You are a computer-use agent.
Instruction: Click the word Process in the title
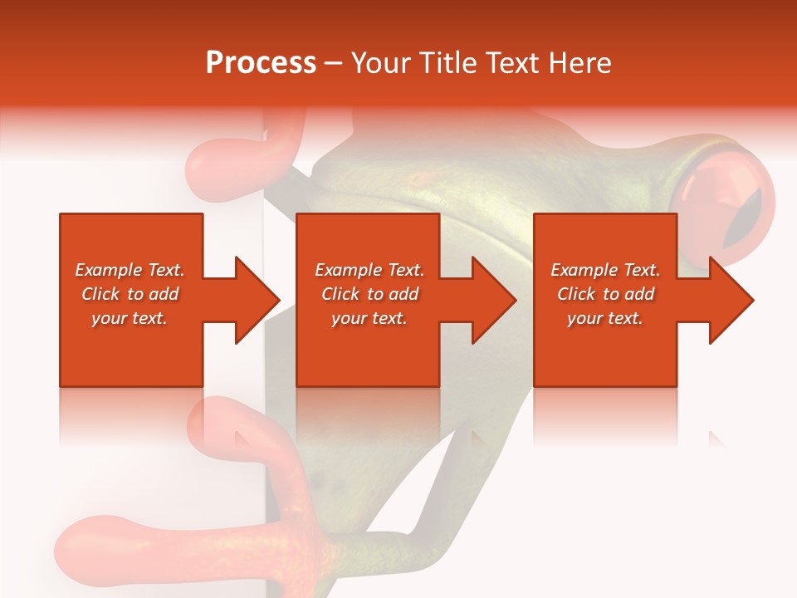(261, 63)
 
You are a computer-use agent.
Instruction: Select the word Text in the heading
(512, 63)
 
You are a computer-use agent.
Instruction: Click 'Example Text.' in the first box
(130, 270)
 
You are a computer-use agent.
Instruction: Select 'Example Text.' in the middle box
(369, 270)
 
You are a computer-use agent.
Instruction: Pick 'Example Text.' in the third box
(605, 270)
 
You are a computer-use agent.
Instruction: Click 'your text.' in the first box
(130, 318)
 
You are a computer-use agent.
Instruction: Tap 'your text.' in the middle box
(369, 318)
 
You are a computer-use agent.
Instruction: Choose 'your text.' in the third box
(605, 318)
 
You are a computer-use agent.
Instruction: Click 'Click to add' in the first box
(130, 294)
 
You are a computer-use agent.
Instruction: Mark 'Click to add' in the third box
(605, 294)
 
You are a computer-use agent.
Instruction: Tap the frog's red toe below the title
(220, 166)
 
